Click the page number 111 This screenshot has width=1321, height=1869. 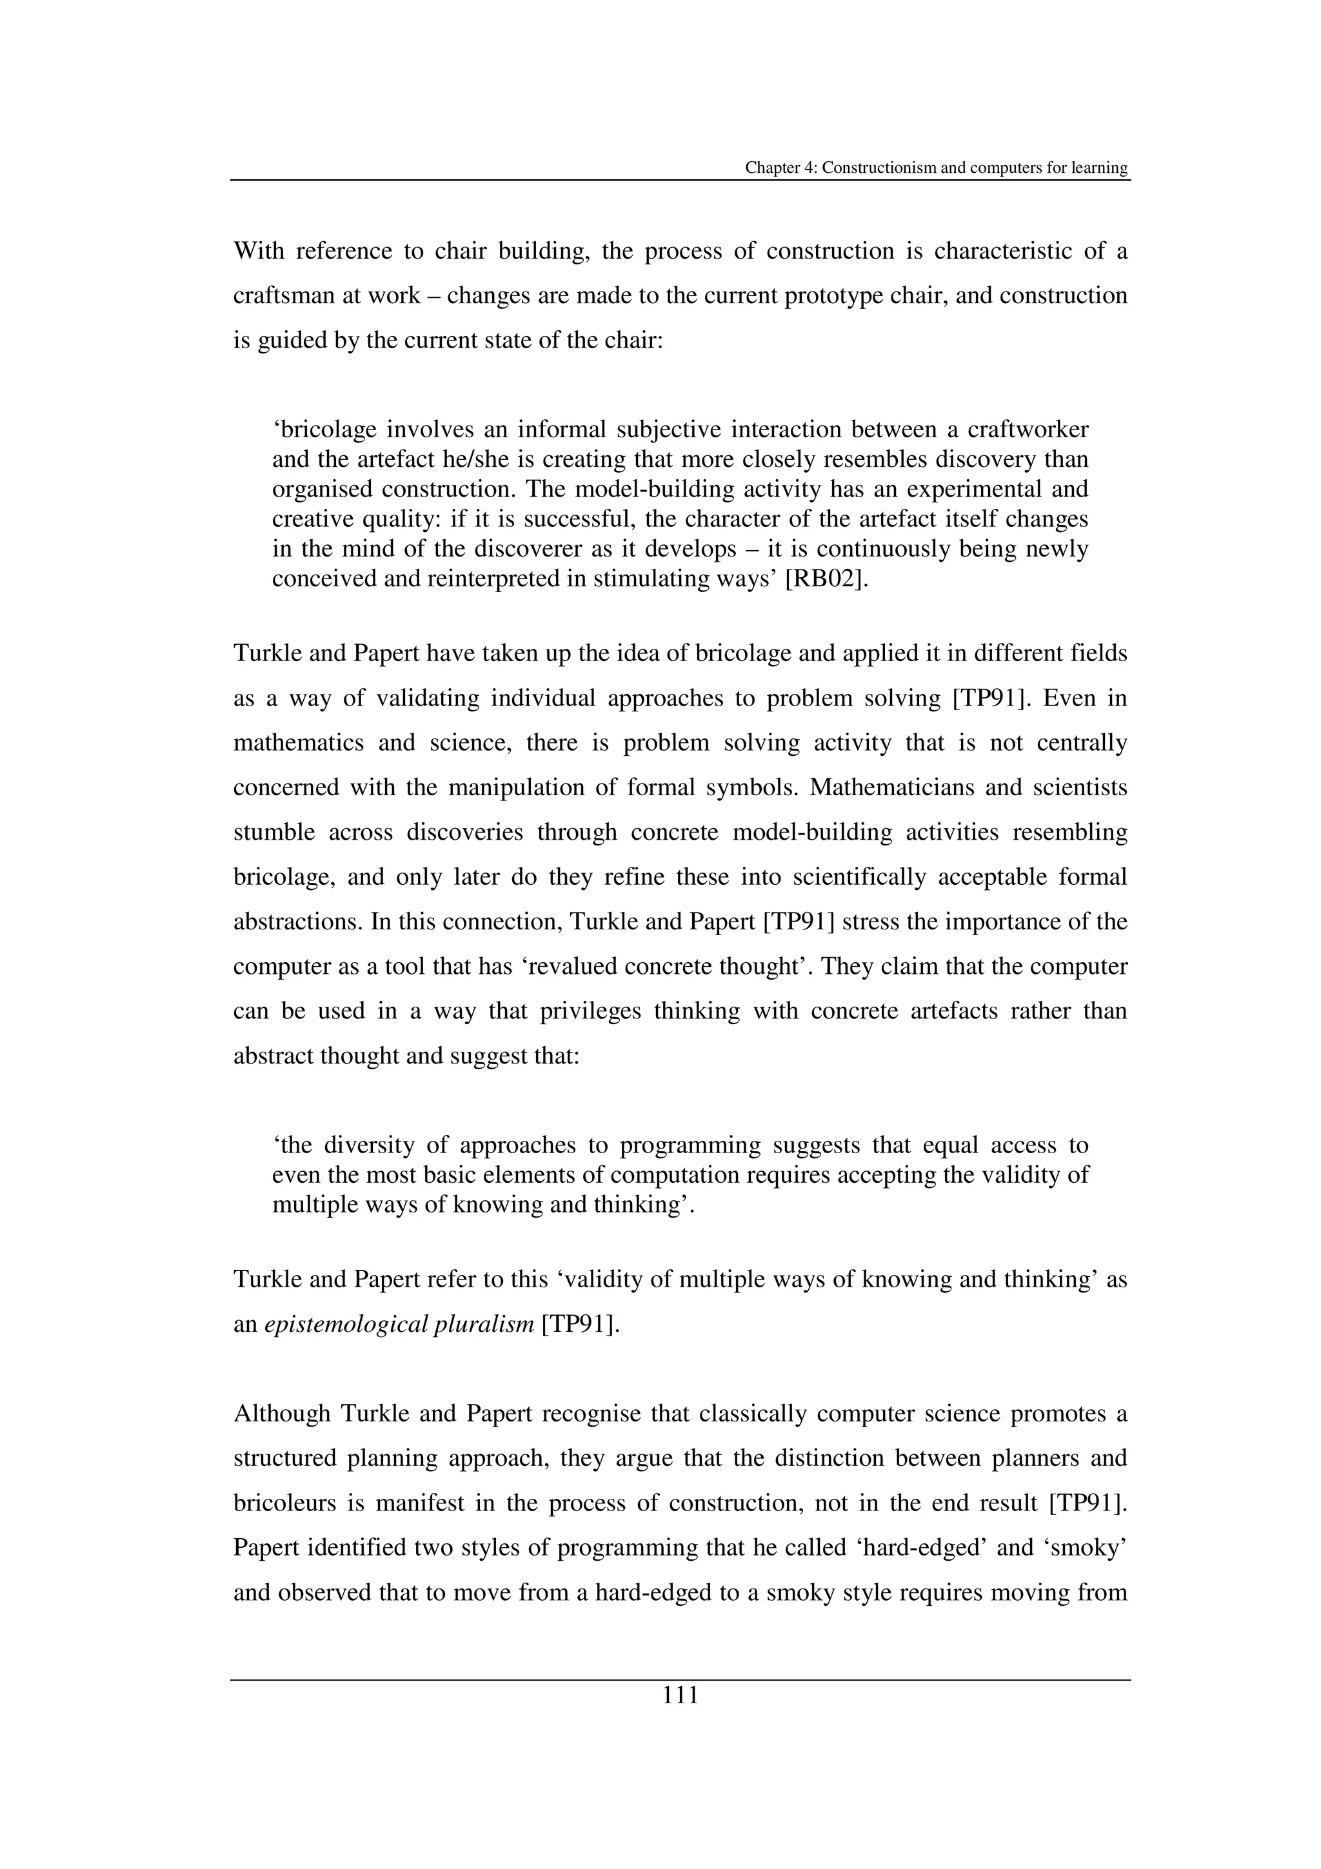(680, 1696)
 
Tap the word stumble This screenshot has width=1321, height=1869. (273, 832)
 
